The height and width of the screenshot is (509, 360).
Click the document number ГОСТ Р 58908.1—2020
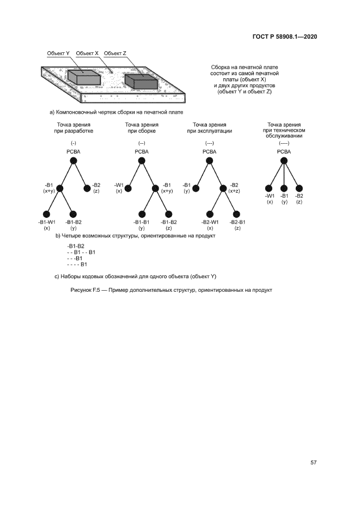pyautogui.click(x=285, y=37)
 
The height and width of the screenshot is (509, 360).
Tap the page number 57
pyautogui.click(x=314, y=463)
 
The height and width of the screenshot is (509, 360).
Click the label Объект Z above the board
pyautogui.click(x=115, y=53)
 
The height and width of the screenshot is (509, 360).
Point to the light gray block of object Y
pyautogui.click(x=84, y=77)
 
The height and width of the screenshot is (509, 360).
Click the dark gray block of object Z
pyautogui.click(x=141, y=81)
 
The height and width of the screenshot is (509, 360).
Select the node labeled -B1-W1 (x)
pyautogui.click(x=47, y=214)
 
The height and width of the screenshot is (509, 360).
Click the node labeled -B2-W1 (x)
pyautogui.click(x=210, y=214)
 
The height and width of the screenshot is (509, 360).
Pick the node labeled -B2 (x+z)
pyautogui.click(x=223, y=188)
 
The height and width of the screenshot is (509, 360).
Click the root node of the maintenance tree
pyautogui.click(x=284, y=161)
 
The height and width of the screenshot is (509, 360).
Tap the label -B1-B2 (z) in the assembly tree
pyautogui.click(x=169, y=225)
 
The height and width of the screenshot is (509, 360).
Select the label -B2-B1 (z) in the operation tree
pyautogui.click(x=237, y=225)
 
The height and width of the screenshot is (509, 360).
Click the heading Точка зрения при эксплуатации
pyautogui.click(x=210, y=128)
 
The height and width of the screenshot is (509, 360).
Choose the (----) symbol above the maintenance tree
pyautogui.click(x=284, y=143)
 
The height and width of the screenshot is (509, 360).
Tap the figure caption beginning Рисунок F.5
pyautogui.click(x=171, y=290)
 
